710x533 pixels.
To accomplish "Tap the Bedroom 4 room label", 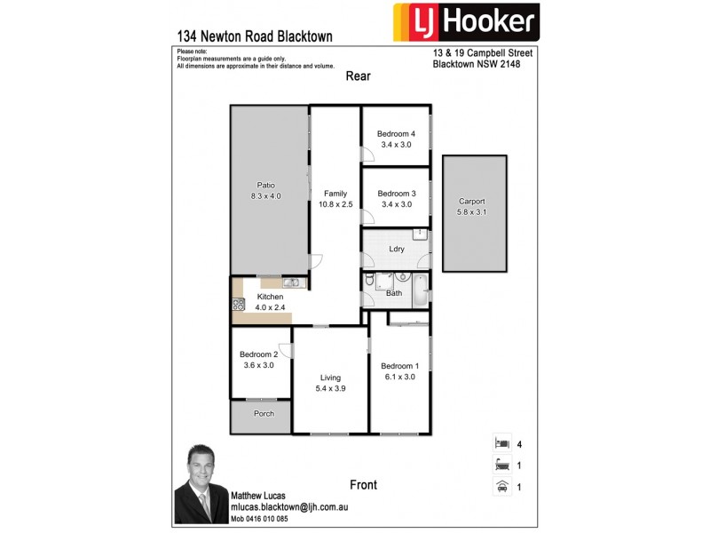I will click(396, 134).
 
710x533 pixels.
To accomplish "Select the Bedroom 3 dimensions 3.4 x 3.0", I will click(396, 204).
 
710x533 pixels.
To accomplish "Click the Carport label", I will click(474, 202).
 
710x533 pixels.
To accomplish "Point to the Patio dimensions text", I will click(266, 196).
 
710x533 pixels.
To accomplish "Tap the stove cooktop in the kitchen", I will click(239, 304).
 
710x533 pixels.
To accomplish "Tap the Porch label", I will click(264, 413).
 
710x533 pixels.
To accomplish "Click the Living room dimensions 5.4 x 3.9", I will click(328, 389).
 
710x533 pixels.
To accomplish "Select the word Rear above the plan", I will click(359, 76).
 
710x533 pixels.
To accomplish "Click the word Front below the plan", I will click(363, 485).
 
